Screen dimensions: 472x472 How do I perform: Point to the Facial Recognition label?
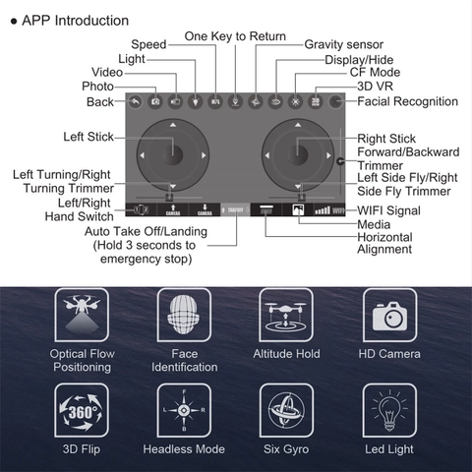point(407,101)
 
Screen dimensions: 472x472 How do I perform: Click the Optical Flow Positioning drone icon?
point(82,314)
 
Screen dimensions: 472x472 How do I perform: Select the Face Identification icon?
point(185,314)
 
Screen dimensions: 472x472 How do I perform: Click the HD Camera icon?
point(389,314)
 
